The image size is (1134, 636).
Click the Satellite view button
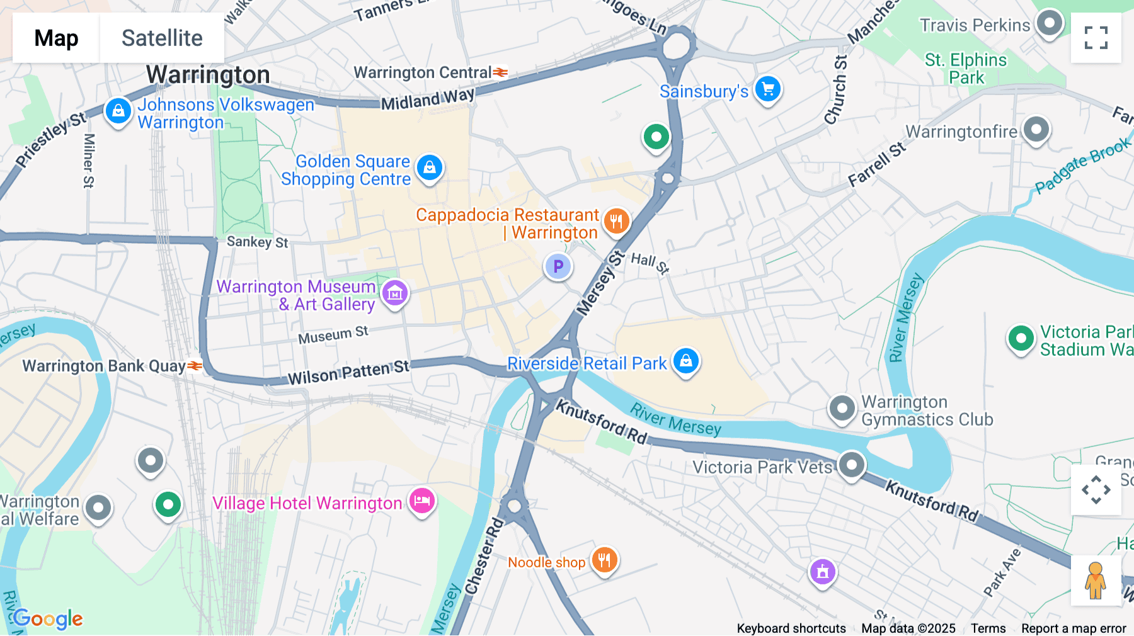click(x=162, y=38)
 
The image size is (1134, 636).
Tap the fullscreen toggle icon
click(x=1096, y=38)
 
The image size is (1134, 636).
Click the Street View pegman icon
click(x=1096, y=581)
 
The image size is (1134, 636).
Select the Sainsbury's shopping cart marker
click(x=767, y=89)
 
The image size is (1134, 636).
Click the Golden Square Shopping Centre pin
click(x=430, y=168)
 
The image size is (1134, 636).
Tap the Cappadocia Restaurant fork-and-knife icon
click(x=616, y=222)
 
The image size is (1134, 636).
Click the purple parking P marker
click(x=558, y=267)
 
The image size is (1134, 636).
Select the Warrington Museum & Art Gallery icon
click(x=395, y=293)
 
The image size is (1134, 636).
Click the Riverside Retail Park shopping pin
click(x=686, y=361)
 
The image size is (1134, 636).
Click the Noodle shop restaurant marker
click(x=604, y=560)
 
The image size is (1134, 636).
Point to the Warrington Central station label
click(x=423, y=73)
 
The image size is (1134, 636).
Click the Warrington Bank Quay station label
click(x=105, y=366)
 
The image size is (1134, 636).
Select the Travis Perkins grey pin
click(x=1049, y=24)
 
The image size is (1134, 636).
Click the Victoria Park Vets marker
click(x=851, y=466)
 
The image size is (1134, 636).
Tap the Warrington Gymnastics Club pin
click(x=842, y=409)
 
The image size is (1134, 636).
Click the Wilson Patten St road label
click(x=348, y=372)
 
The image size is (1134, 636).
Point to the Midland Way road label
click(x=428, y=99)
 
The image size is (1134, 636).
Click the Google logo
click(x=48, y=619)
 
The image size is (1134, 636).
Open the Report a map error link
click(x=1074, y=628)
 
